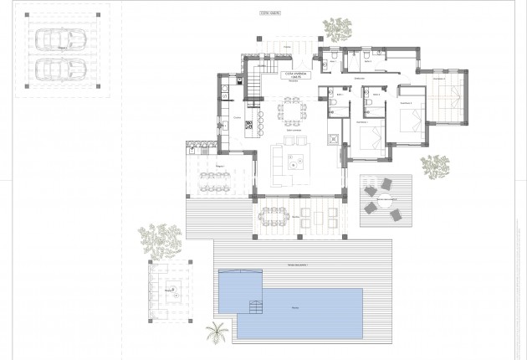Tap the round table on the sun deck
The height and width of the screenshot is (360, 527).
(386, 199)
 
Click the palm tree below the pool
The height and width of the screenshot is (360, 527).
(219, 332)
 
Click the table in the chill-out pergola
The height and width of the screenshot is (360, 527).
(172, 291)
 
